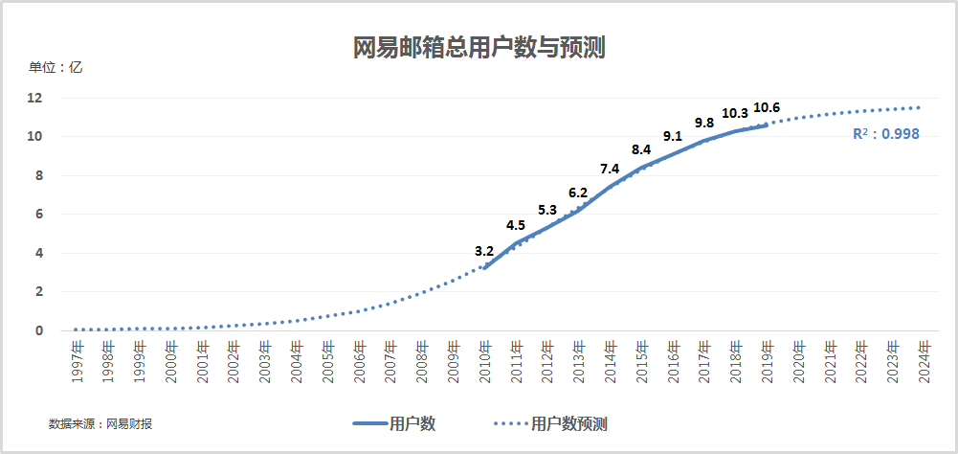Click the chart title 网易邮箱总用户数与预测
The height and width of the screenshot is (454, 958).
[479, 47]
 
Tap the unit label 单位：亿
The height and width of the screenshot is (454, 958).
[56, 68]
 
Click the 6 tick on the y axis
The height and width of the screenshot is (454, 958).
[38, 214]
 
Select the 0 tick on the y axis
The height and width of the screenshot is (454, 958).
[38, 330]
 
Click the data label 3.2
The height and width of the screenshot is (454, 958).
[484, 251]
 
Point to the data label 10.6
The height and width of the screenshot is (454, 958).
[767, 107]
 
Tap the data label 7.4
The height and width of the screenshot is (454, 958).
[610, 169]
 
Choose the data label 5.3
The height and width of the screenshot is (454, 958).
[547, 210]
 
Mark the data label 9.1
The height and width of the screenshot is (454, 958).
[672, 136]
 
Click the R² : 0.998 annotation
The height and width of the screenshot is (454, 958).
[885, 134]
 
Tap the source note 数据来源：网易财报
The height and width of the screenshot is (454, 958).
[106, 423]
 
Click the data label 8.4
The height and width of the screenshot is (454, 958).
[641, 149]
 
